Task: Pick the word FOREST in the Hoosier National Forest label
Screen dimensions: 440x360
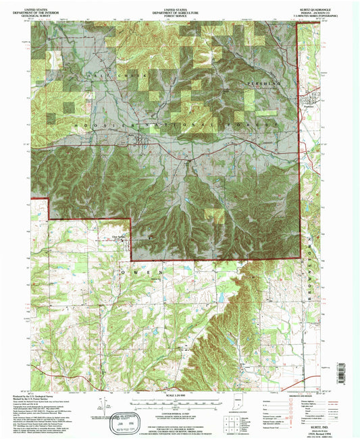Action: click(x=254, y=126)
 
